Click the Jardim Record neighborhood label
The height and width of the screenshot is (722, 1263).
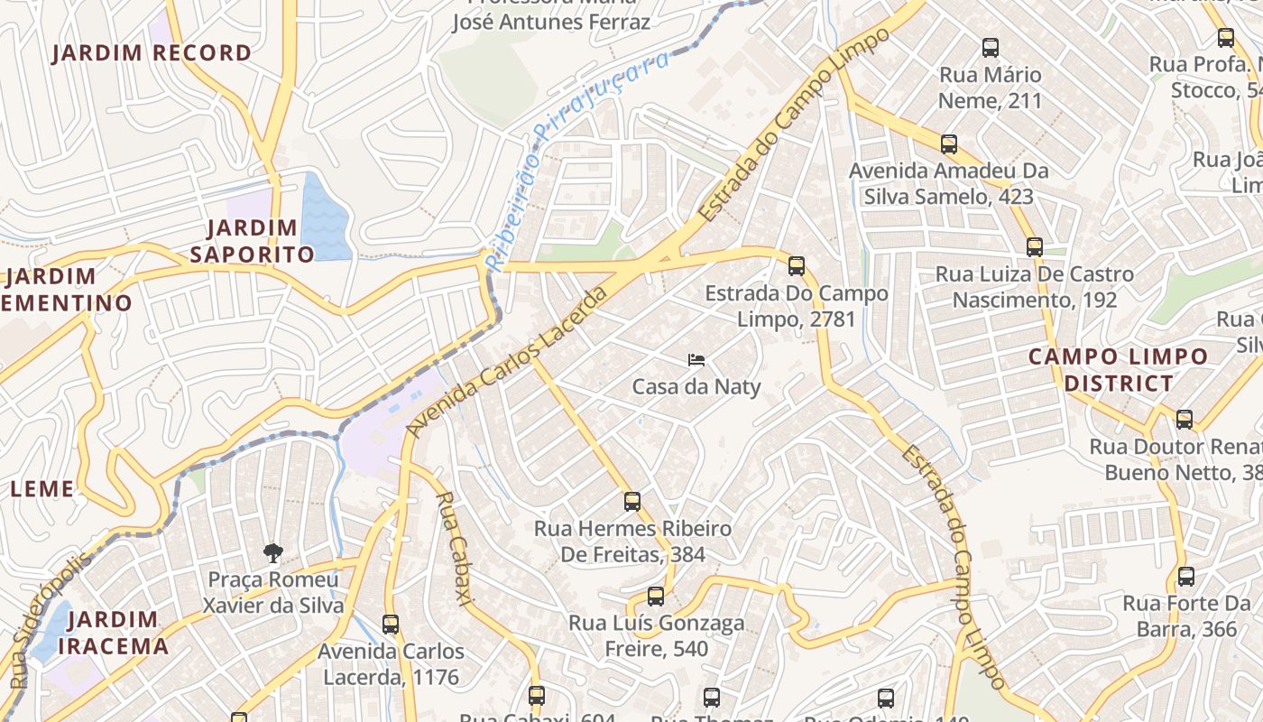152,53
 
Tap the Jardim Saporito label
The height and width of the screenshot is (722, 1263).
252,241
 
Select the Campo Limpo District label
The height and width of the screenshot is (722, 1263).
1119,370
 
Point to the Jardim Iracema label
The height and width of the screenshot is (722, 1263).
113,633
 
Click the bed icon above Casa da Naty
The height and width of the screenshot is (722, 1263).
696,360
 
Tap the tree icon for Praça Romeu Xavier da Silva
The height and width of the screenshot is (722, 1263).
272,553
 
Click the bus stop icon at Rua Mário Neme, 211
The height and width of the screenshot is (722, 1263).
991,48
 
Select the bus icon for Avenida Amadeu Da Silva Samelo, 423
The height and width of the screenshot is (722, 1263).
949,144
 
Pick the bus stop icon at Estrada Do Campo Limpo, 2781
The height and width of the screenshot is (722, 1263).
796,266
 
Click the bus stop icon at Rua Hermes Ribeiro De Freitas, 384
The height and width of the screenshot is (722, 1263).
632,502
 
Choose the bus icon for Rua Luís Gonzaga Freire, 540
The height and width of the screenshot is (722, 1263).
656,597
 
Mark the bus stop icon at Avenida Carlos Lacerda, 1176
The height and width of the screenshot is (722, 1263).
391,625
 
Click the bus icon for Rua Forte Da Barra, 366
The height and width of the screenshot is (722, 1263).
1186,577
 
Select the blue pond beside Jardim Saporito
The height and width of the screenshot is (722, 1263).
324,218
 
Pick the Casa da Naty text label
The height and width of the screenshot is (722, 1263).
696,387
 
